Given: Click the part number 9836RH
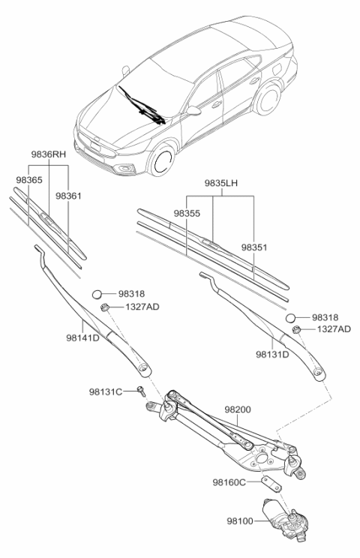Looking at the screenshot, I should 46,154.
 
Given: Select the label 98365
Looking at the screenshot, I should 28,181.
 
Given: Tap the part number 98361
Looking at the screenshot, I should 68,196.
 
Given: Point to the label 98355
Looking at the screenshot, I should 187,214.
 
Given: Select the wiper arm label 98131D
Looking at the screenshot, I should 272,353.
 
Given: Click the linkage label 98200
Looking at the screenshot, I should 238,410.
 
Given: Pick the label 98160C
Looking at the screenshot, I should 229,483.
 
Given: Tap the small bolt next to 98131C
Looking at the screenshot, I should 142,390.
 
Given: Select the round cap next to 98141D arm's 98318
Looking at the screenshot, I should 97,294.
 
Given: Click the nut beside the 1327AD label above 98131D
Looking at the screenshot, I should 297,329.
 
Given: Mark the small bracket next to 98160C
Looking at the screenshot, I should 269,483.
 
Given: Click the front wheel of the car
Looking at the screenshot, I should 161,161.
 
